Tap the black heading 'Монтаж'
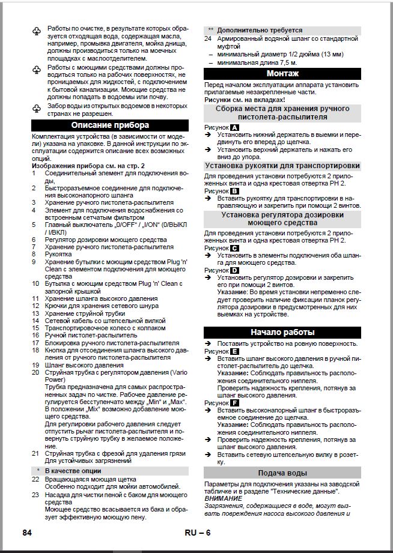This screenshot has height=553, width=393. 282,74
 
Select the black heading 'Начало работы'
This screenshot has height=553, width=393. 282,333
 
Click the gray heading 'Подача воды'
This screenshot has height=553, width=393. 282,473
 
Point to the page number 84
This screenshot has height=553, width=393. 27,533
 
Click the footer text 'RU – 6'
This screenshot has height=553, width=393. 198,533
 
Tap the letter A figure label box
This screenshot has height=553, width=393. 234,128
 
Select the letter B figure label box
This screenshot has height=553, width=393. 234,190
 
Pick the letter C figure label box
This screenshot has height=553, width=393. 234,247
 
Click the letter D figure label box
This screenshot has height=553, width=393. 234,270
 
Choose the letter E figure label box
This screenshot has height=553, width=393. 234,351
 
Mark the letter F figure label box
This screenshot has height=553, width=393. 234,402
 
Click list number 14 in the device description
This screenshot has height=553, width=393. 35,321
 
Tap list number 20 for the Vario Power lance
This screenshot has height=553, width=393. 35,372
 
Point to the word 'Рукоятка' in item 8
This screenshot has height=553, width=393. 58,254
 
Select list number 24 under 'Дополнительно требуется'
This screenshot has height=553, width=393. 208,38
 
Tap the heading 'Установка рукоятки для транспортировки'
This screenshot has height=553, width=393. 282,166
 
